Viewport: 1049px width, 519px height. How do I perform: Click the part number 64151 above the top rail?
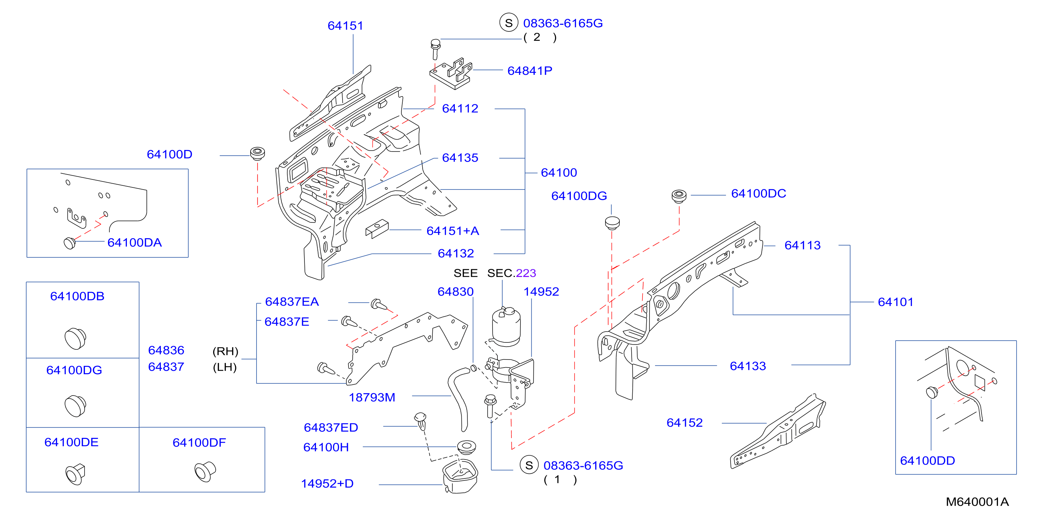[x=345, y=26]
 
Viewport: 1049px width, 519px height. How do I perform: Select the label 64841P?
[x=530, y=71]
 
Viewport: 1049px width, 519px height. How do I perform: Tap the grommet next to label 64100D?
[x=257, y=154]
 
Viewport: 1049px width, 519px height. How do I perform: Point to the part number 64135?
[x=460, y=158]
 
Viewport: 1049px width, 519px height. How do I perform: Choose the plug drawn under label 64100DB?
[x=76, y=338]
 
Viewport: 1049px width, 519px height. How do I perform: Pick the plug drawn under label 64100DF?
[x=205, y=472]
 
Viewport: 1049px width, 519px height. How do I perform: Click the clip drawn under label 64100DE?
[x=76, y=474]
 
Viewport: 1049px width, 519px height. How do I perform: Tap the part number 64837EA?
[x=292, y=301]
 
